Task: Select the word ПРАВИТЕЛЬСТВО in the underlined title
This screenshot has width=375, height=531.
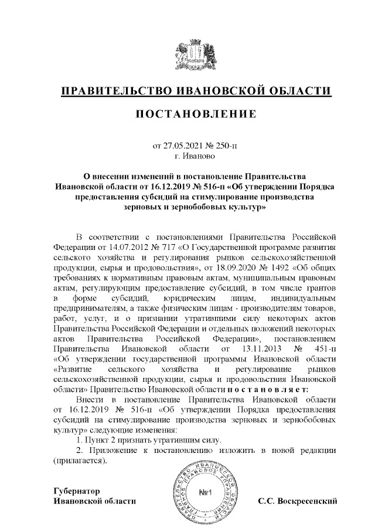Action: coord(115,92)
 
